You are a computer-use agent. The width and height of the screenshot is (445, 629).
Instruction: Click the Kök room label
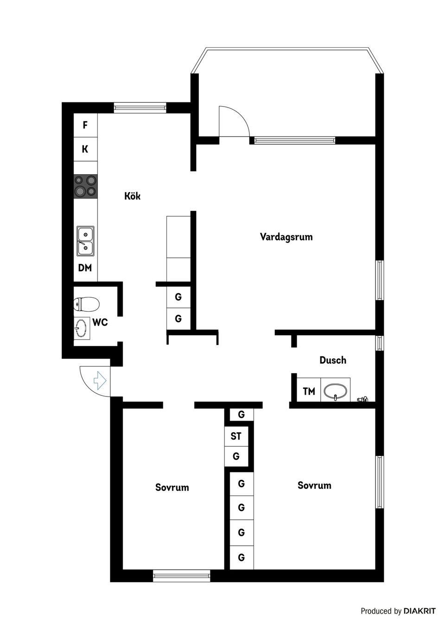tap(132, 196)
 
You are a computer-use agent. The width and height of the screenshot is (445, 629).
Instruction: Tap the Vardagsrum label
tap(286, 237)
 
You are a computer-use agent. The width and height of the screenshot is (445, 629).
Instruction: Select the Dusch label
tap(332, 360)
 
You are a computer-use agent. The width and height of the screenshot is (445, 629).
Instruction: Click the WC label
tap(100, 322)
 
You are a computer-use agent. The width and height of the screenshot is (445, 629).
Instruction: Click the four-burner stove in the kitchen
tap(86, 186)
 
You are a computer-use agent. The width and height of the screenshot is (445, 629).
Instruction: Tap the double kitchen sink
tap(86, 241)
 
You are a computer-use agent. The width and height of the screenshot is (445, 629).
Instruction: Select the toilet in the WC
tap(87, 304)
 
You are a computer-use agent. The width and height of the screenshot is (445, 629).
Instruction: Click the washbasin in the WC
tap(81, 328)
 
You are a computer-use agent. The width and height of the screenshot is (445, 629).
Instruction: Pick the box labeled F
tap(85, 125)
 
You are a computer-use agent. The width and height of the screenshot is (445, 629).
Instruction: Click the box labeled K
tap(85, 149)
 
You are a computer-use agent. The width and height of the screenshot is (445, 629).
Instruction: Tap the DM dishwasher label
tap(85, 268)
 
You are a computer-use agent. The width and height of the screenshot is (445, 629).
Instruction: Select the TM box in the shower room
tap(309, 391)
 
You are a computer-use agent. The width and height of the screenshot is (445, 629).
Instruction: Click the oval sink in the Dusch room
tap(335, 391)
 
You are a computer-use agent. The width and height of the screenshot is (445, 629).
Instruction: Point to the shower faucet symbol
tap(362, 399)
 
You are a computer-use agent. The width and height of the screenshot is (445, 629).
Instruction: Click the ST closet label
tap(236, 436)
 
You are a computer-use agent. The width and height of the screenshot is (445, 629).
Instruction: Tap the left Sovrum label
tap(172, 487)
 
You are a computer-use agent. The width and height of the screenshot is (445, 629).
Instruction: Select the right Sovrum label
tap(314, 485)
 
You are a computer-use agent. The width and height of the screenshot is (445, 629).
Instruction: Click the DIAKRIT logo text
tap(420, 611)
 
